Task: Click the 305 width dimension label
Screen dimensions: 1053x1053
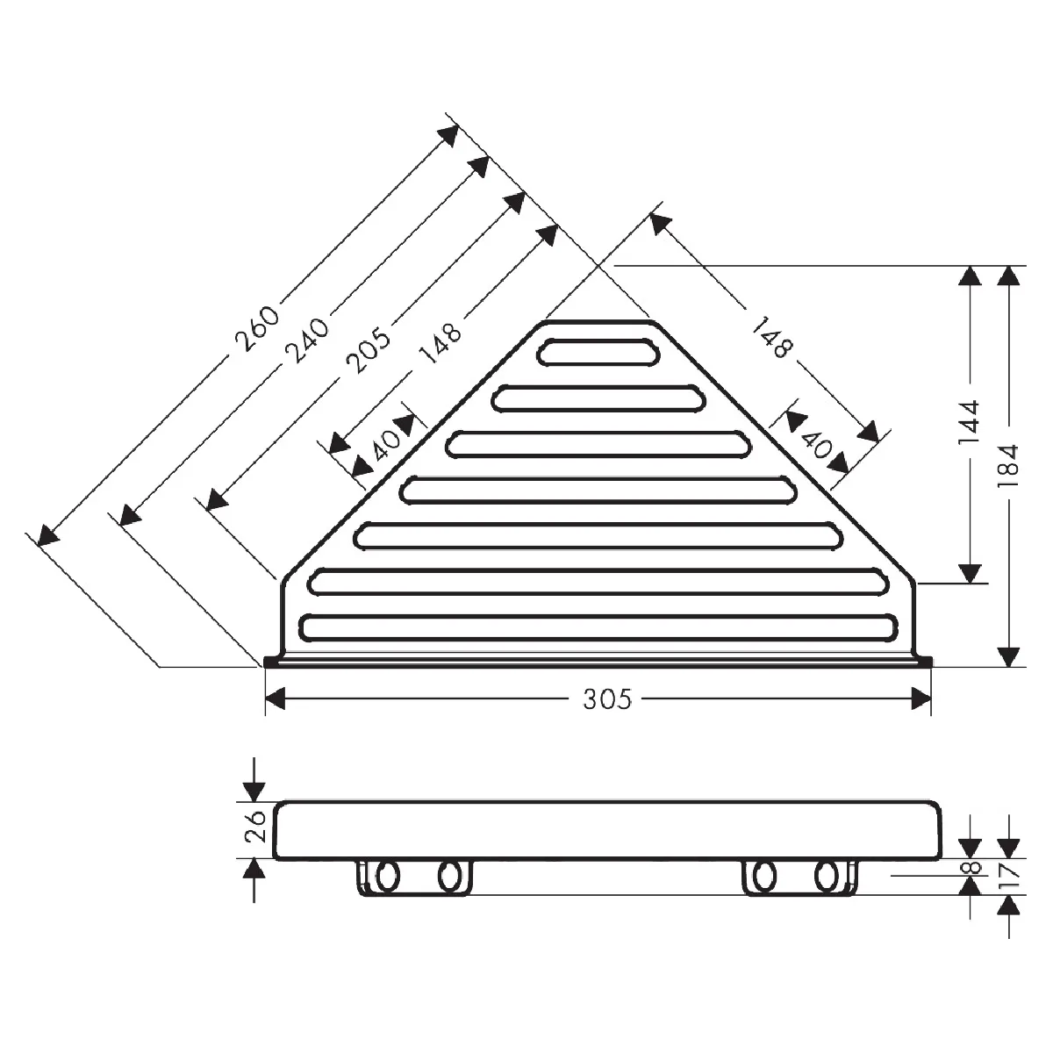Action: click(x=606, y=698)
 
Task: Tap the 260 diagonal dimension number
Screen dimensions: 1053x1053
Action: click(x=257, y=330)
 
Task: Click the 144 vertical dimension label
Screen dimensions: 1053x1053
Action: click(x=970, y=422)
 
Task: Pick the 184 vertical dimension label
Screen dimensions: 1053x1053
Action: click(x=1009, y=466)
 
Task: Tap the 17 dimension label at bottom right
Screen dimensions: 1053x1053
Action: click(x=1009, y=876)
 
